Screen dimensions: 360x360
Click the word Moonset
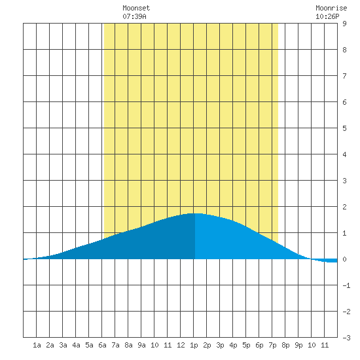(x=136, y=8)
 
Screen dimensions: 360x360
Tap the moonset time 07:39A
(x=134, y=16)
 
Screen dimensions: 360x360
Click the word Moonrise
(x=331, y=8)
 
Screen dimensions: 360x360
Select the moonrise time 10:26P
(x=327, y=16)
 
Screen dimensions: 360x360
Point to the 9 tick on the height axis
(x=344, y=24)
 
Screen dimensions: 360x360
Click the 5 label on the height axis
(x=344, y=128)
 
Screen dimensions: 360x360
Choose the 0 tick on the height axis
(x=344, y=259)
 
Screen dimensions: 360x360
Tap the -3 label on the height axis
(x=346, y=338)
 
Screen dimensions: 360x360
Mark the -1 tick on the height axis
(x=346, y=285)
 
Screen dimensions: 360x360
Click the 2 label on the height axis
(x=344, y=207)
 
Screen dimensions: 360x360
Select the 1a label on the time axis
(x=37, y=345)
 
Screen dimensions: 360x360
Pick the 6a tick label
(x=102, y=345)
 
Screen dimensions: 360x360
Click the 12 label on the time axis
(x=181, y=345)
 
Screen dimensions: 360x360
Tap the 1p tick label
(x=194, y=345)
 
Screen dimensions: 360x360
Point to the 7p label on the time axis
(x=272, y=345)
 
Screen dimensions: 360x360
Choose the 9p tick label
(x=298, y=345)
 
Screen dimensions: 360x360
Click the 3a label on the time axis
(x=63, y=345)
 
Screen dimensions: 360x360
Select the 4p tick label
(x=233, y=345)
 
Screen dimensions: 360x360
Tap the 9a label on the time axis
(x=141, y=345)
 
